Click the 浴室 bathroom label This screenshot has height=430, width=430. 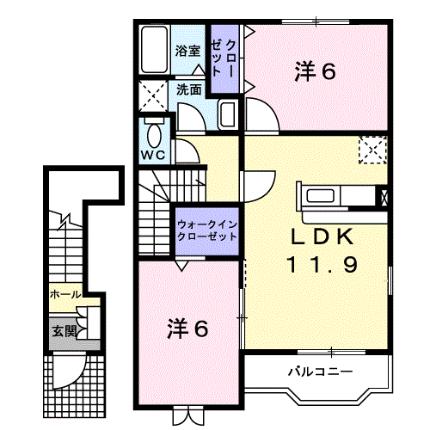tap(189, 51)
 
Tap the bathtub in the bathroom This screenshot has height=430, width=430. tap(156, 51)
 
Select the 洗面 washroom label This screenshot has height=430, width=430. tap(189, 89)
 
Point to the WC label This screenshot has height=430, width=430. tap(154, 156)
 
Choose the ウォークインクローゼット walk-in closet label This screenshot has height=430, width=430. tap(206, 230)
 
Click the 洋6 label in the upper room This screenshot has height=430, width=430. tap(314, 71)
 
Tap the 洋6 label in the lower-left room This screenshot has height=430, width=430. tap(187, 328)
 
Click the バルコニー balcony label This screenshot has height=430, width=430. tap(319, 372)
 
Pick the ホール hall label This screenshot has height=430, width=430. tap(65, 294)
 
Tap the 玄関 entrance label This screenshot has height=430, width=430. tap(64, 329)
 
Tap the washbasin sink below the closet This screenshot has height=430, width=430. tap(229, 115)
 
